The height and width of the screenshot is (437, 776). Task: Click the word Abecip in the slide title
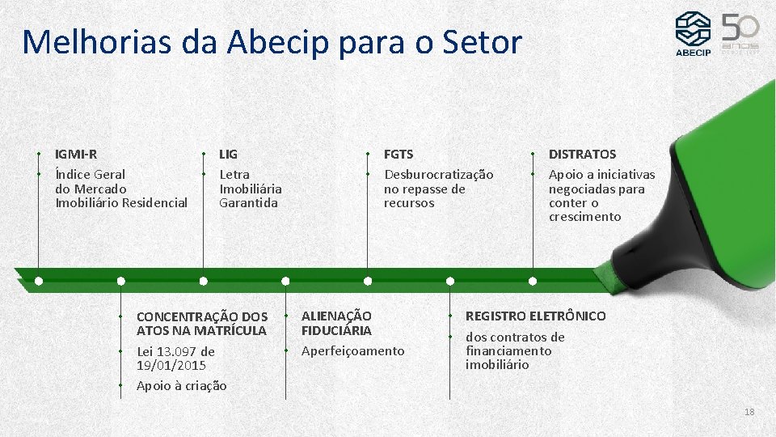(274, 42)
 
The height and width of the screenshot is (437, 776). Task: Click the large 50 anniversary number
(740, 29)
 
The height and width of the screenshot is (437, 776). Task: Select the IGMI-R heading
(76, 154)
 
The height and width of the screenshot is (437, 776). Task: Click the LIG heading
(229, 154)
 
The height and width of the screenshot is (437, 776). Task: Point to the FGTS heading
(399, 154)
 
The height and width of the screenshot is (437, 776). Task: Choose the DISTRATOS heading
(582, 154)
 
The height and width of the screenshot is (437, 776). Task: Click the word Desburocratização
(438, 175)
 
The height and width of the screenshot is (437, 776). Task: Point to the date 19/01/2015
(171, 365)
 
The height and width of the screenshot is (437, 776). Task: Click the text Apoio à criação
(182, 386)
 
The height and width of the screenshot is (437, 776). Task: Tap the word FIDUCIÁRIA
(336, 330)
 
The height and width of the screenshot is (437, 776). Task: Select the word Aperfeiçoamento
(352, 351)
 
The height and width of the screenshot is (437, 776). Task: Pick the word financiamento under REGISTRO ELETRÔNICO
(508, 351)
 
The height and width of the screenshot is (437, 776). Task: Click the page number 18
(749, 412)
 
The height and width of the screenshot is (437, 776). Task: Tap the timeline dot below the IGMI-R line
(39, 281)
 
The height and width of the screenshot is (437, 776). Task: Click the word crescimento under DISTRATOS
(585, 217)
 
